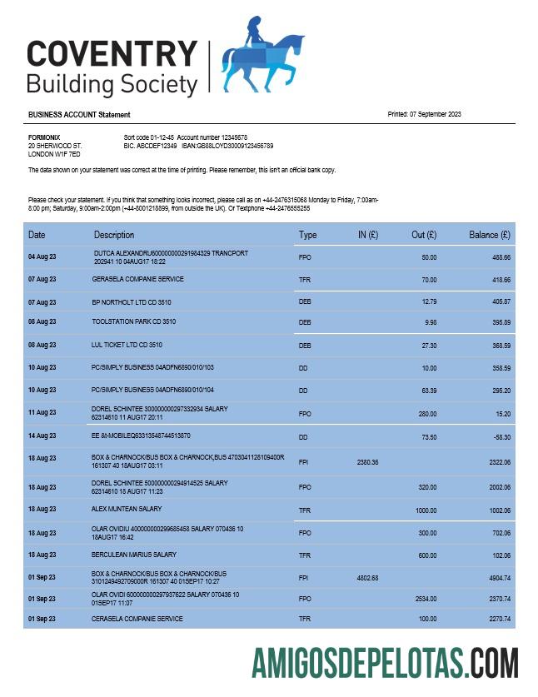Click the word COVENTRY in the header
112,54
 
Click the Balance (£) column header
490,235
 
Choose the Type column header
307,235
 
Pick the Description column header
114,235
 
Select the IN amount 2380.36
367,462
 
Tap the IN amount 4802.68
367,578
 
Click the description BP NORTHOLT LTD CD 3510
132,301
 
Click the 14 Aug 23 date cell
42,436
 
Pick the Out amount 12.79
429,301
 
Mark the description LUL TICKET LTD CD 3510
127,344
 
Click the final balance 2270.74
497,619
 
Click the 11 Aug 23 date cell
42,413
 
